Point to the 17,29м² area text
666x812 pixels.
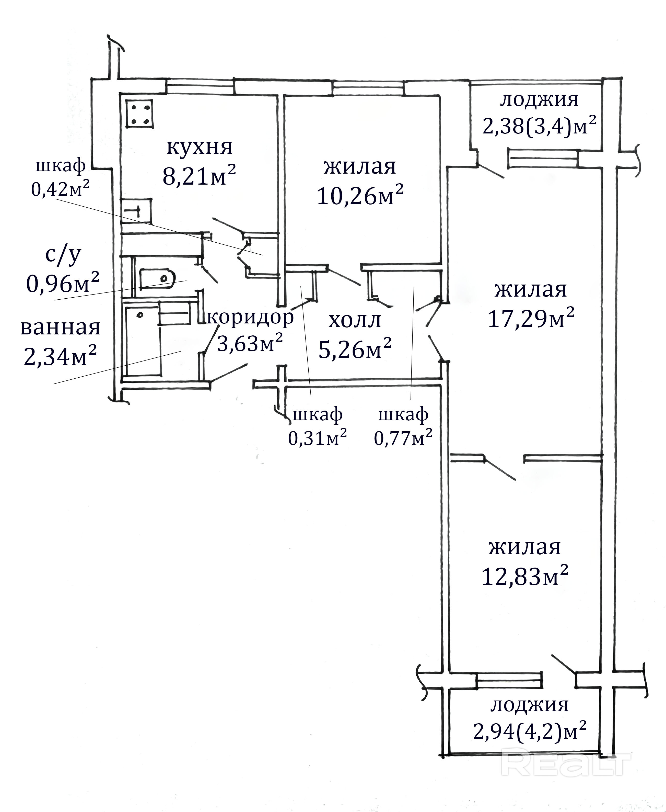pos(531,319)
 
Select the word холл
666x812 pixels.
pos(355,320)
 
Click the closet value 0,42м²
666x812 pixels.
pos(60,189)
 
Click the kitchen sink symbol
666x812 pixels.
pos(137,211)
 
